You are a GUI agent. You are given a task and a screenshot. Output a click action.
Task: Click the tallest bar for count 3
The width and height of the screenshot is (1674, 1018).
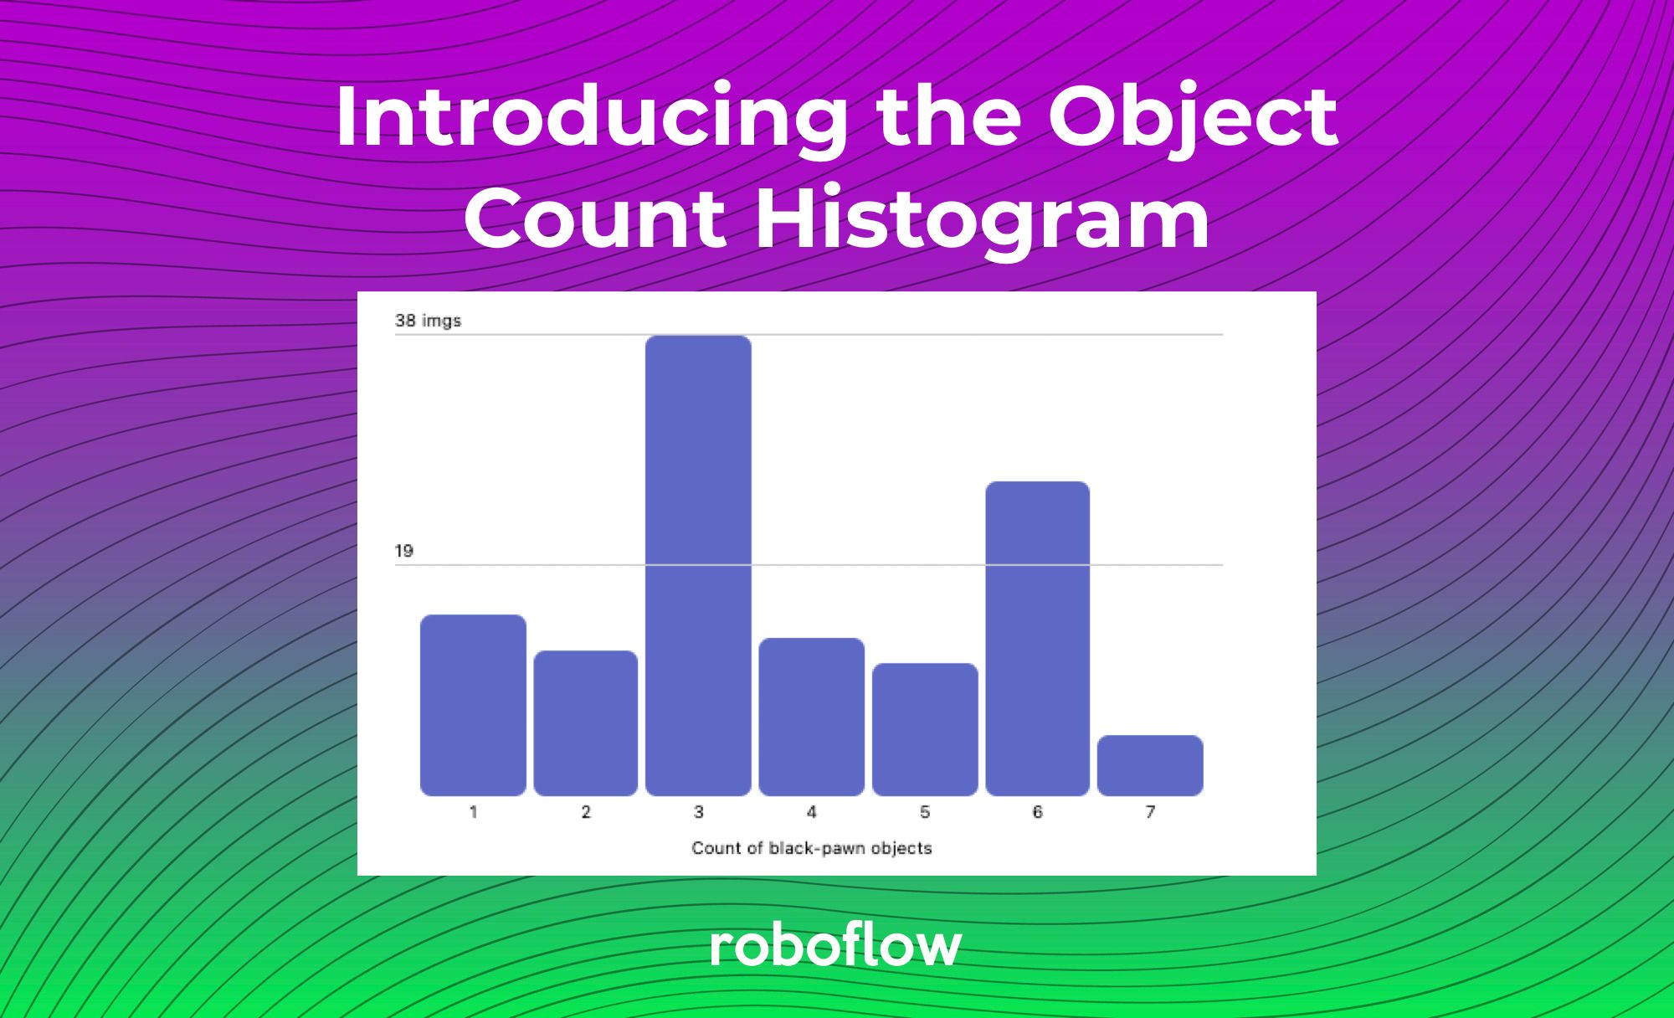pos(698,565)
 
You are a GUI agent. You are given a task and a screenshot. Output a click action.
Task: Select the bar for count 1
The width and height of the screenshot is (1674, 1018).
pos(473,705)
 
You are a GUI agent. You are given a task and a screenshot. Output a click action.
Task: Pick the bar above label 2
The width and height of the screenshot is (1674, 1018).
pos(585,722)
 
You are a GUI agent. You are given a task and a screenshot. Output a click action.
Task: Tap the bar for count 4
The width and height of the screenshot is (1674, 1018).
pos(811,717)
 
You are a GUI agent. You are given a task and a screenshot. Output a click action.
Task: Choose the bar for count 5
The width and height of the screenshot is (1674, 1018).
pos(925,729)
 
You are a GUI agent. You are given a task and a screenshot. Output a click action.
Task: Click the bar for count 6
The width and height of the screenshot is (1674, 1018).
pos(1037,638)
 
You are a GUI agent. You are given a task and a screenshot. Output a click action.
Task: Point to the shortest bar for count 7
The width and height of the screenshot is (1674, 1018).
pos(1150,765)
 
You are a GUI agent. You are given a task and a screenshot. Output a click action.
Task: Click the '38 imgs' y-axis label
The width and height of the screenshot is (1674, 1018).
pos(428,321)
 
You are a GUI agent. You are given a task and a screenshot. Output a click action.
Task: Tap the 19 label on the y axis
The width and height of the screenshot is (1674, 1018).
pos(403,551)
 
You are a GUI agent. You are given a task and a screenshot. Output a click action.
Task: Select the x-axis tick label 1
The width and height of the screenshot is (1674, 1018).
pos(473,812)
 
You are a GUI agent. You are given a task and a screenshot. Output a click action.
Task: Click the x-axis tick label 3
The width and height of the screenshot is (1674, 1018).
pos(698,812)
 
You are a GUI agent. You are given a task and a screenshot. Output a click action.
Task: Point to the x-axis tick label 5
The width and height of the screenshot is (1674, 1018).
pos(925,812)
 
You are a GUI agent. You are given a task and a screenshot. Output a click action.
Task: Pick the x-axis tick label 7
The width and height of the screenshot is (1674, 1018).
pos(1150,812)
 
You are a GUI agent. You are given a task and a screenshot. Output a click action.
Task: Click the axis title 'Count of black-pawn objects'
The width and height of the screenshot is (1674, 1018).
pos(811,848)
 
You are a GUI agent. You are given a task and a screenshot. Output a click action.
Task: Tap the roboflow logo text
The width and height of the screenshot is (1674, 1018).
pos(835,946)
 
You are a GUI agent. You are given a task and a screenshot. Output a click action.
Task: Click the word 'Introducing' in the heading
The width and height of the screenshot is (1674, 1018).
pos(591,117)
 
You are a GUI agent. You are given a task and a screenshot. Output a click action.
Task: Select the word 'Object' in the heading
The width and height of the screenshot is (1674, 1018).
pos(1192,117)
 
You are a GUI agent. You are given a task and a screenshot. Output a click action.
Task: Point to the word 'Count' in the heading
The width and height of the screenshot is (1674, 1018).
pos(594,219)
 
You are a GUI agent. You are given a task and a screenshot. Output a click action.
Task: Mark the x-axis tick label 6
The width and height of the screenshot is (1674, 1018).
pos(1037,812)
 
